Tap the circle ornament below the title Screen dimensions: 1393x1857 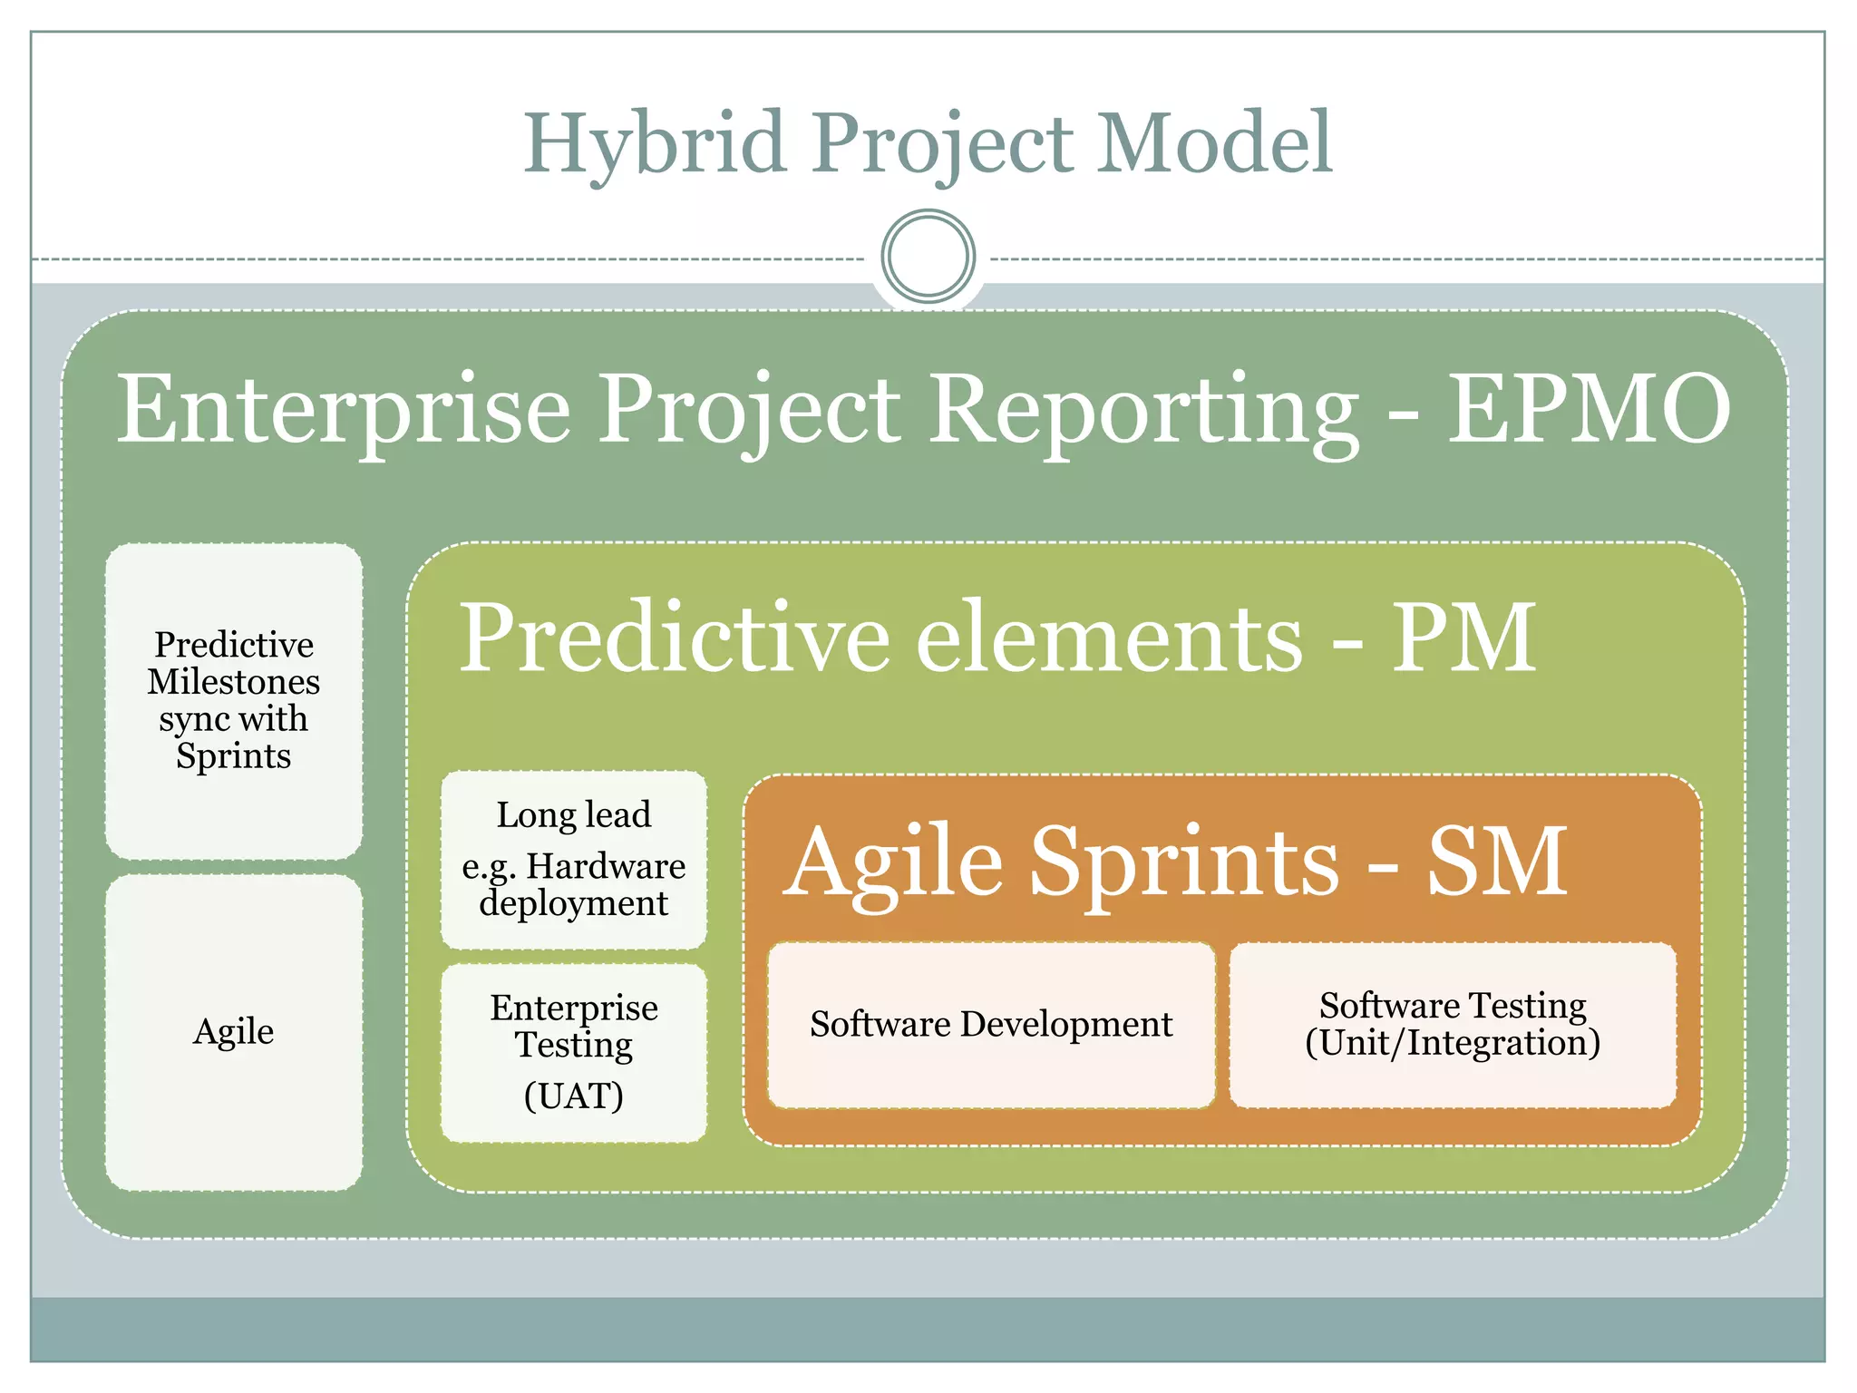pyautogui.click(x=928, y=256)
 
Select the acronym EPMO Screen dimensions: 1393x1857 pyautogui.click(x=1589, y=410)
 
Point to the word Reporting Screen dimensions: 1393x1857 pyautogui.click(x=1144, y=410)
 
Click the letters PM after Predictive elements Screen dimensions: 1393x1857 pyautogui.click(x=1463, y=638)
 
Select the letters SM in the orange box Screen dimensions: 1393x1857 pyautogui.click(x=1497, y=862)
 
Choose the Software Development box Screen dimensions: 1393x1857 pyautogui.click(x=991, y=1025)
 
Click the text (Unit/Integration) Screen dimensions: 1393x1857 pyautogui.click(x=1453, y=1043)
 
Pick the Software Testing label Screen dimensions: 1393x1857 pyautogui.click(x=1453, y=1005)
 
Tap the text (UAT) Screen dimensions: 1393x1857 pyautogui.click(x=574, y=1096)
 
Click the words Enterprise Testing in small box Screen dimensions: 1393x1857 pyautogui.click(x=574, y=1025)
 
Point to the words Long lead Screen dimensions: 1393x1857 pyautogui.click(x=574, y=814)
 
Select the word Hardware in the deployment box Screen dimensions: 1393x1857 pyautogui.click(x=606, y=866)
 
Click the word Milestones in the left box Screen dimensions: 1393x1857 pyautogui.click(x=234, y=681)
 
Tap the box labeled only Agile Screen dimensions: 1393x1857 pyautogui.click(x=234, y=1032)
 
